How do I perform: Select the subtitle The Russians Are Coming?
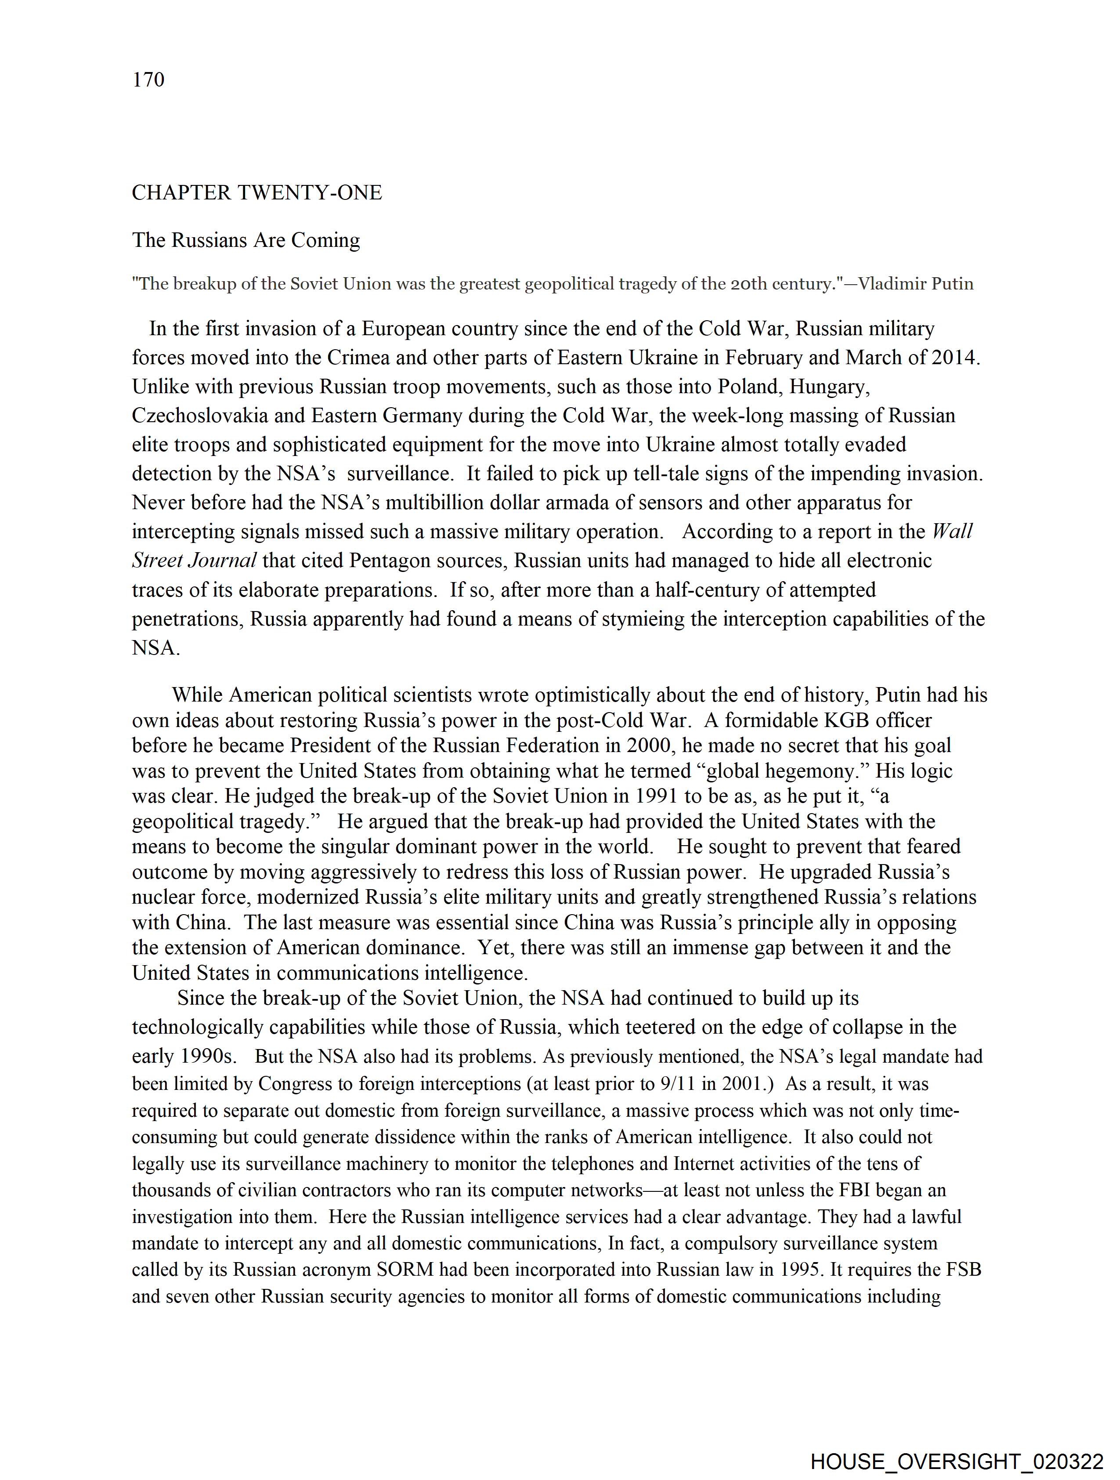(246, 240)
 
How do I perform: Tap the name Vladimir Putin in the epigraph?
(915, 284)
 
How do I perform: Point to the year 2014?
(954, 358)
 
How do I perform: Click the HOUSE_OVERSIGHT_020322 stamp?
(957, 1461)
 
